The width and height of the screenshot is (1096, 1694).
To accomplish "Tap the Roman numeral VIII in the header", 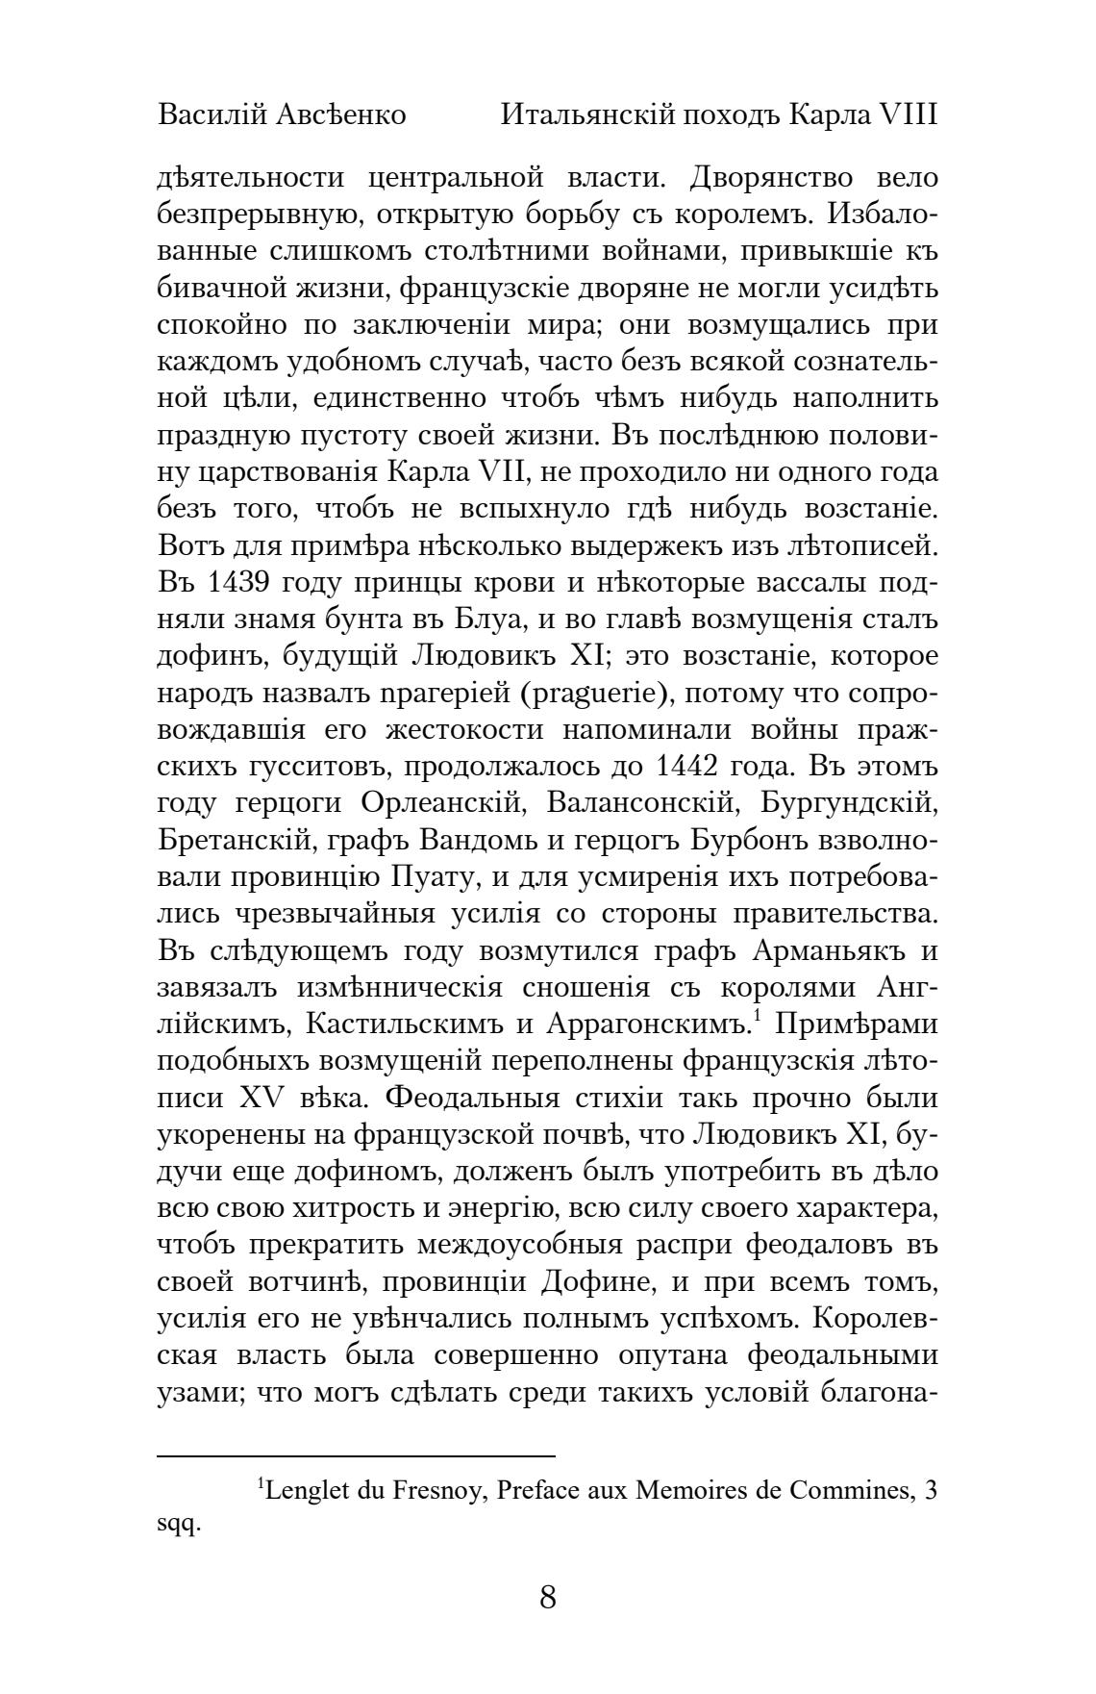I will tap(908, 116).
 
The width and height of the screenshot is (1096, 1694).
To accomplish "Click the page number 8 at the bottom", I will tap(548, 1598).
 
